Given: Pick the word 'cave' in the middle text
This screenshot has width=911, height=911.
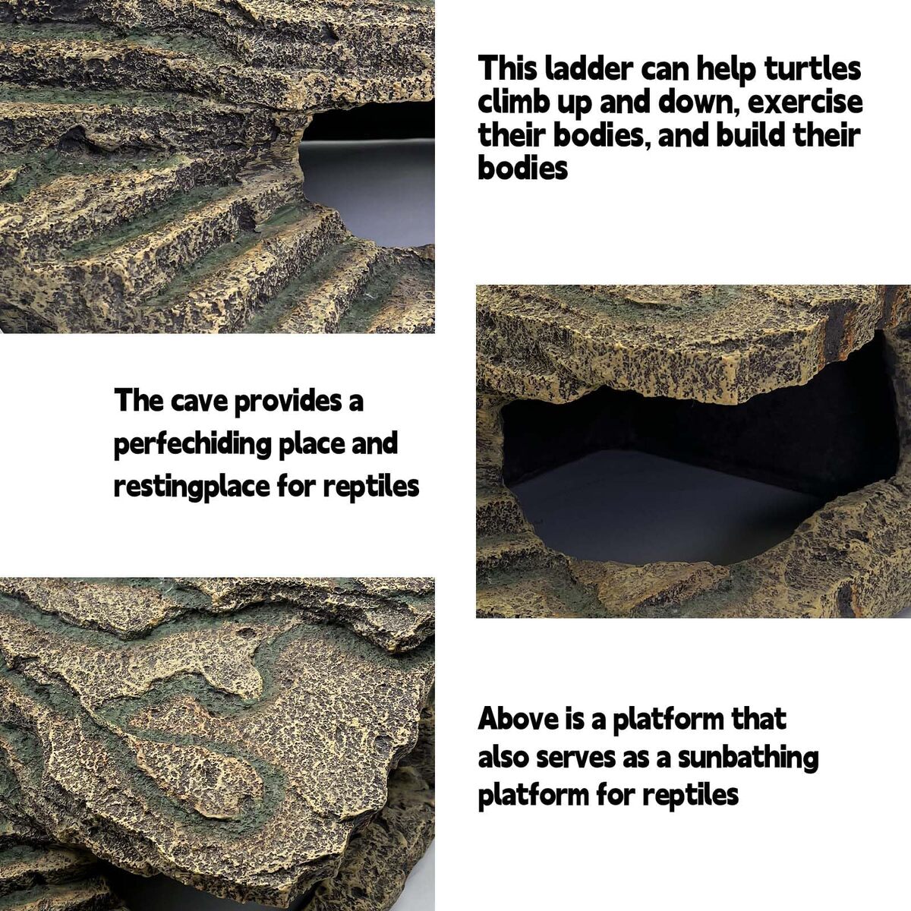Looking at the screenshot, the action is (199, 401).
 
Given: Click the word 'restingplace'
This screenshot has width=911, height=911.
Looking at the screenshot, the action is (191, 487).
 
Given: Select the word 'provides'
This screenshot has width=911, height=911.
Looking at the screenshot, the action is (288, 401).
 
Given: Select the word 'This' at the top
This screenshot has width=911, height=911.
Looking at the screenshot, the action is (507, 68).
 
